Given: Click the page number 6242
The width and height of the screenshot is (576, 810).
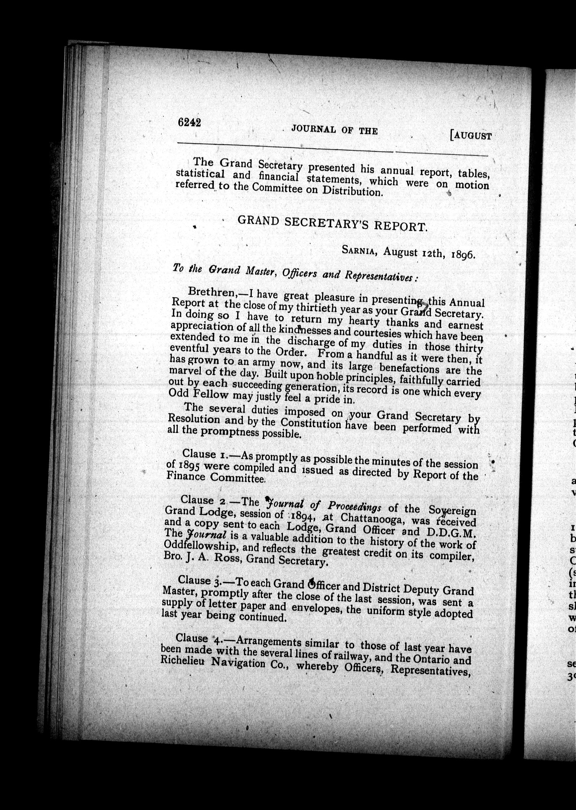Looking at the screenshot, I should tap(189, 123).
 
